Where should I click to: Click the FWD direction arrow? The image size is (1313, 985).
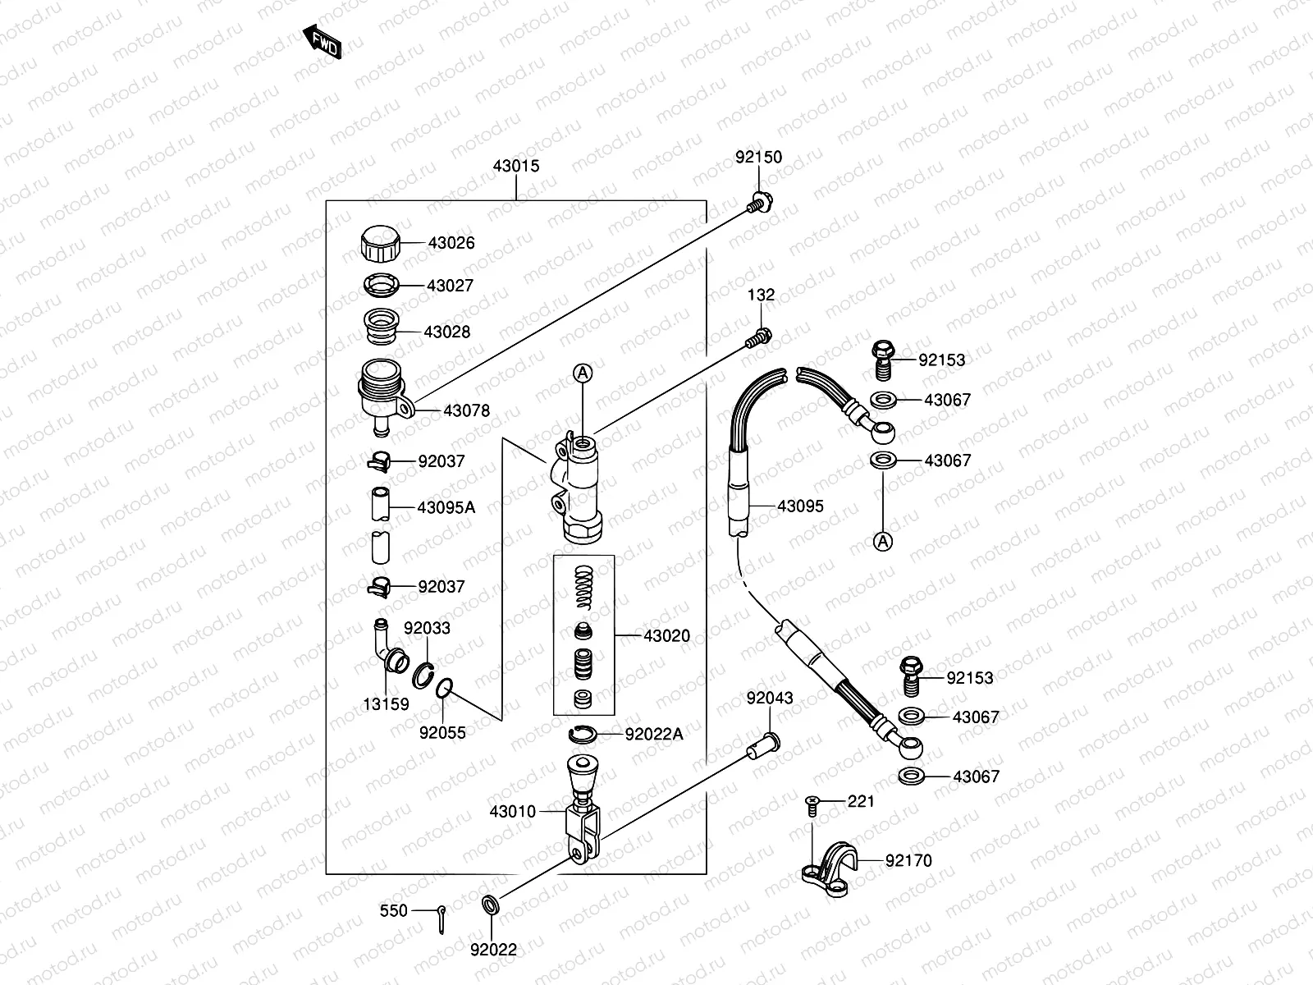pos(323,41)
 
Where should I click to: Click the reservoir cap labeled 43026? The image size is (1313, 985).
pos(380,244)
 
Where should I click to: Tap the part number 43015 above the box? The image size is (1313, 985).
pos(515,166)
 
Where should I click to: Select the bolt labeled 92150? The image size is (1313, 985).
pos(760,202)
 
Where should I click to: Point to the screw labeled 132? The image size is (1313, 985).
pos(759,338)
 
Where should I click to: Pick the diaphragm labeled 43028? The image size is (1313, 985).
pos(382,326)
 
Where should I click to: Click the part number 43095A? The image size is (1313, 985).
pos(446,508)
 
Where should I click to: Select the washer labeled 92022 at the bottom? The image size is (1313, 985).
pos(490,905)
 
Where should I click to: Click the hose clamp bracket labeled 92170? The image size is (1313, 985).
pos(829,869)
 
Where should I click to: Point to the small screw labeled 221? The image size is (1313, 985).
pos(812,806)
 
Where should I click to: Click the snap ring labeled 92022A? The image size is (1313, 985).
pos(582,735)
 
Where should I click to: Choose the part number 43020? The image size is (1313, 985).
pos(666,635)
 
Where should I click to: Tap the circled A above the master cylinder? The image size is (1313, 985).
pos(583,373)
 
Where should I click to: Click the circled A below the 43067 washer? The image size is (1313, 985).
pos(883,542)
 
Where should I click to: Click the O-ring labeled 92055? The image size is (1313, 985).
pos(444,689)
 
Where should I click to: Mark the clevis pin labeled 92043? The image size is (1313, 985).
pos(764,745)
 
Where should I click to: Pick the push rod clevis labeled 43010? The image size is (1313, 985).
pos(583,809)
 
